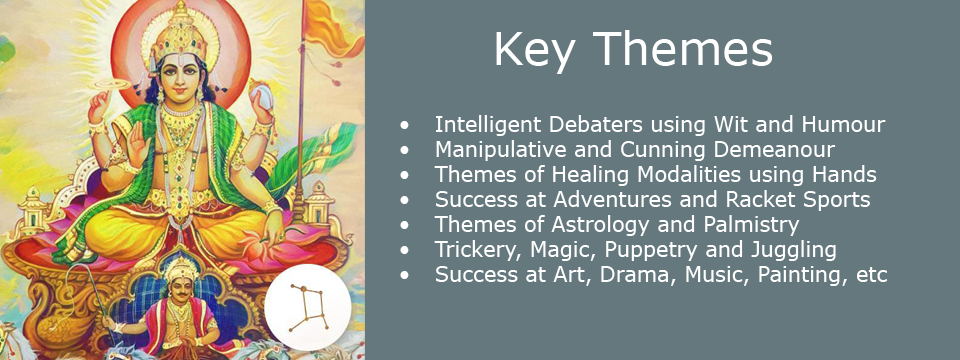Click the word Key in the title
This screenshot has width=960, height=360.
534,50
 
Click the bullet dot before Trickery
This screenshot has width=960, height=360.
404,251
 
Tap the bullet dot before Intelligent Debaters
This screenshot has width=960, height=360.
404,126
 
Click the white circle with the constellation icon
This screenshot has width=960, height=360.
307,308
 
